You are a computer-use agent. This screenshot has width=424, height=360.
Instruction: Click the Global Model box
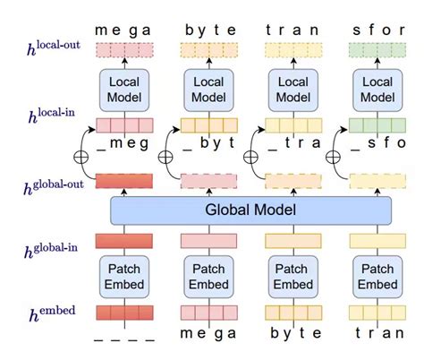251,210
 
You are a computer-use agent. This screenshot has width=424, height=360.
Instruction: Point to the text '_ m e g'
123,143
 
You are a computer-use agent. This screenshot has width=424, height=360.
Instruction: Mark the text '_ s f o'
371,143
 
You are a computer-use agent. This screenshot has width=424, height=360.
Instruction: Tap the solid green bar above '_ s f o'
371,125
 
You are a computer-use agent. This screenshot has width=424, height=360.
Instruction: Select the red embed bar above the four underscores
123,313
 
